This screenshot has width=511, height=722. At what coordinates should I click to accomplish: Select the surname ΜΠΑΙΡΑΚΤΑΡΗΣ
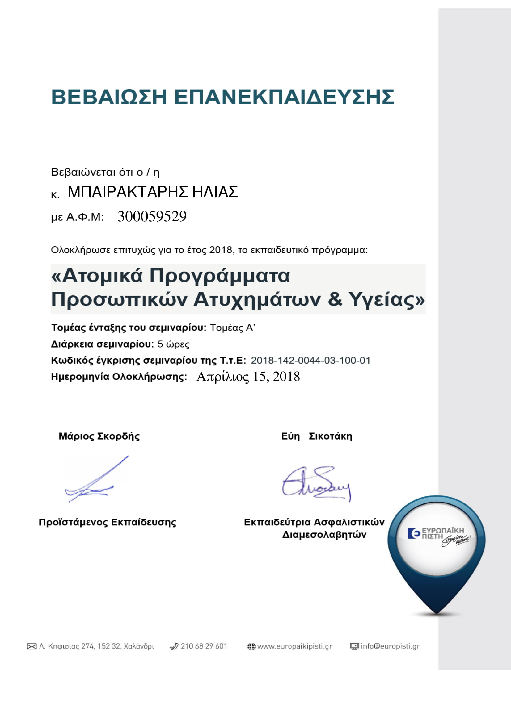[128, 192]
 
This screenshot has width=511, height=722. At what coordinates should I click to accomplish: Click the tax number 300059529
[152, 216]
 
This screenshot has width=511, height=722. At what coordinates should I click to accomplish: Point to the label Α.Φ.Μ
[85, 217]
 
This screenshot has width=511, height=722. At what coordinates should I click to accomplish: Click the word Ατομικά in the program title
[97, 276]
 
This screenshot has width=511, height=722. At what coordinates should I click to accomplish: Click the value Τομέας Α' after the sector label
[232, 328]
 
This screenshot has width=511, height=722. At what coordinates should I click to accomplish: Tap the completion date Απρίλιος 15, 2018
[248, 376]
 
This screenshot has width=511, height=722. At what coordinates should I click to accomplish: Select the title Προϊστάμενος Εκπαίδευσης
[107, 522]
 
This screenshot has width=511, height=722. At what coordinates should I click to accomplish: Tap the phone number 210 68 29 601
[204, 646]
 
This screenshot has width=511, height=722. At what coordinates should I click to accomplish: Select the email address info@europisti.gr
[390, 646]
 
